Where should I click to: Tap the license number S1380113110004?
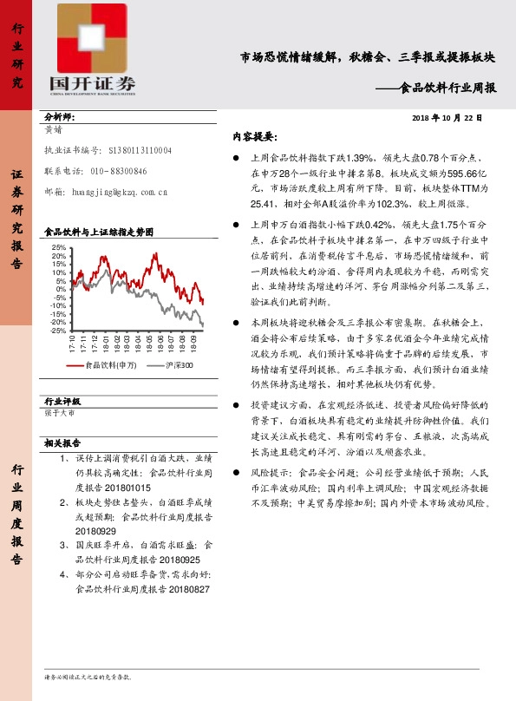134,150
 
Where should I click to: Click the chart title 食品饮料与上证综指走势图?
99,233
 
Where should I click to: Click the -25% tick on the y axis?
57,331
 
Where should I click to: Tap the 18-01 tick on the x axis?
105,344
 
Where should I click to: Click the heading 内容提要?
253,137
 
